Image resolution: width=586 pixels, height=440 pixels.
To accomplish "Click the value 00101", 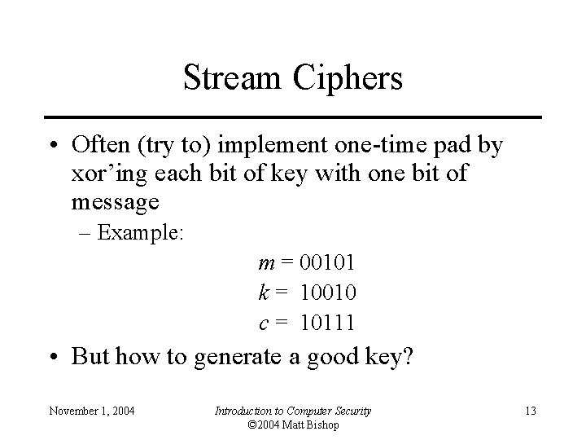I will (x=328, y=263).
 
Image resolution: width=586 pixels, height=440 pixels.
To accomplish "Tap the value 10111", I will (x=328, y=323).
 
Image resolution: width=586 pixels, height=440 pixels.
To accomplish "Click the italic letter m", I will (x=265, y=263).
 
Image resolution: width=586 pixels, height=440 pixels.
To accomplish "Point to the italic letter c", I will (x=263, y=323).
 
